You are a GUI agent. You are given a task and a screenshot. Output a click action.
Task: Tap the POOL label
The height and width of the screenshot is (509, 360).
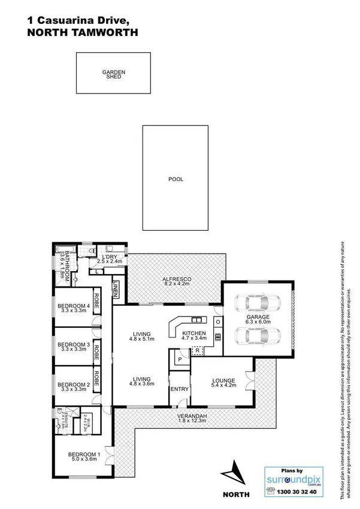[176, 179]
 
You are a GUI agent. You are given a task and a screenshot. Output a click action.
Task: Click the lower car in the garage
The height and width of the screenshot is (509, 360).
[258, 338]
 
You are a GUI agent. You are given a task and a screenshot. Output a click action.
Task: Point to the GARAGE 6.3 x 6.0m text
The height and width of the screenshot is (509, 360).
[258, 320]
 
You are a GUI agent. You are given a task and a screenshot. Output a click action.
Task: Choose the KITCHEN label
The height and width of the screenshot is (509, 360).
[194, 336]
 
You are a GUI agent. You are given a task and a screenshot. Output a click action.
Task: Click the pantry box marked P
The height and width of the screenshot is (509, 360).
[178, 360]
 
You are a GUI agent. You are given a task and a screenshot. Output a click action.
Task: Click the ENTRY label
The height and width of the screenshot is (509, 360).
[180, 390]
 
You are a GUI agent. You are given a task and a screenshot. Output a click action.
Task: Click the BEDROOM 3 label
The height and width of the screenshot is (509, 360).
[73, 348]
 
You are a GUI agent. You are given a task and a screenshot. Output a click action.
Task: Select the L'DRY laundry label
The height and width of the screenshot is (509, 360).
[110, 259]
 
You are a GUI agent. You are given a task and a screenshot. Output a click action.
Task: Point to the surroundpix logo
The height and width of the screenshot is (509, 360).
[292, 480]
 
